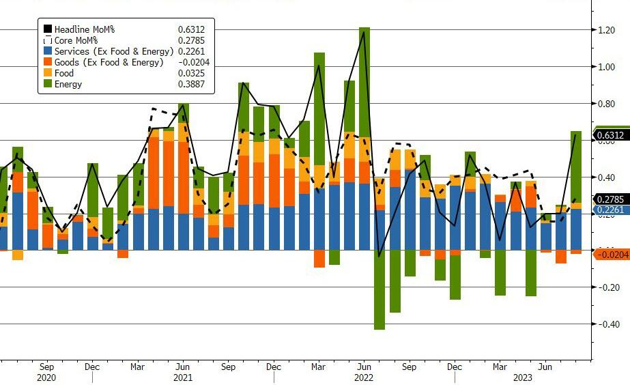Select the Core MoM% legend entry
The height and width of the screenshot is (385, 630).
pos(76,40)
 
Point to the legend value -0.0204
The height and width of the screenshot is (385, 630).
pos(188,63)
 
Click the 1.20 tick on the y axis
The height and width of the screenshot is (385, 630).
pos(607,30)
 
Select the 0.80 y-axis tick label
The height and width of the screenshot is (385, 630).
pos(607,104)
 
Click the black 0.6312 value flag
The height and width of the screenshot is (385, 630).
pos(611,136)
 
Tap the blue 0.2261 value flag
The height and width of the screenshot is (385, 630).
pos(611,210)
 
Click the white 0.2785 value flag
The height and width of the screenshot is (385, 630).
pos(611,199)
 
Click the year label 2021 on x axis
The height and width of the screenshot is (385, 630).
pos(182,377)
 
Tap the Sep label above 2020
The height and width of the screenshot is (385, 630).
pos(47,367)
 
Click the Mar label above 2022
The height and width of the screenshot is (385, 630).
pos(318,367)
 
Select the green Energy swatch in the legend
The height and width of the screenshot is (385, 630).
pos(48,85)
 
